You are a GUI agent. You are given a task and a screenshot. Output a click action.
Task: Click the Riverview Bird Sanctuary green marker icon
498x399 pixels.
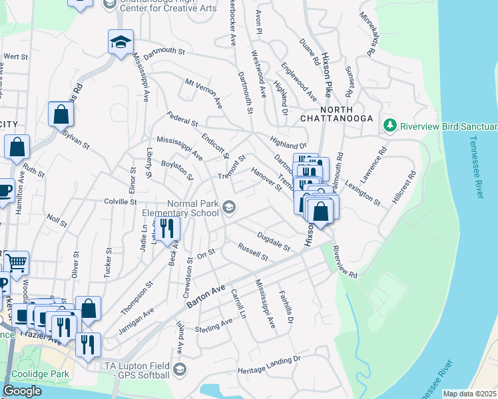389,125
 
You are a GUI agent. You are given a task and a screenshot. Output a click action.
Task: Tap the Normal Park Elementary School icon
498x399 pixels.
229,208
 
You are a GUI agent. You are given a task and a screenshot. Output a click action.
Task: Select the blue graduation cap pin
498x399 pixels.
121,43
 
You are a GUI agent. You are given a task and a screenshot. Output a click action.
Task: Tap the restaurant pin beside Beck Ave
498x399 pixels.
167,229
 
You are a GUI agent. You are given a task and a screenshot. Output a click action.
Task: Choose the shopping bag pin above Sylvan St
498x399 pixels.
61,114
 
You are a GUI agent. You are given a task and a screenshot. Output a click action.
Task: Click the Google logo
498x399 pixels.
22,391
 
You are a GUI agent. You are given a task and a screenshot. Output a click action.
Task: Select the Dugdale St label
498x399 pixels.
274,241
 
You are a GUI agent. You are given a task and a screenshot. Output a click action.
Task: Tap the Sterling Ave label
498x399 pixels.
213,325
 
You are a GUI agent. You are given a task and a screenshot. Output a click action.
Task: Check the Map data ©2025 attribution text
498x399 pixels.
469,394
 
